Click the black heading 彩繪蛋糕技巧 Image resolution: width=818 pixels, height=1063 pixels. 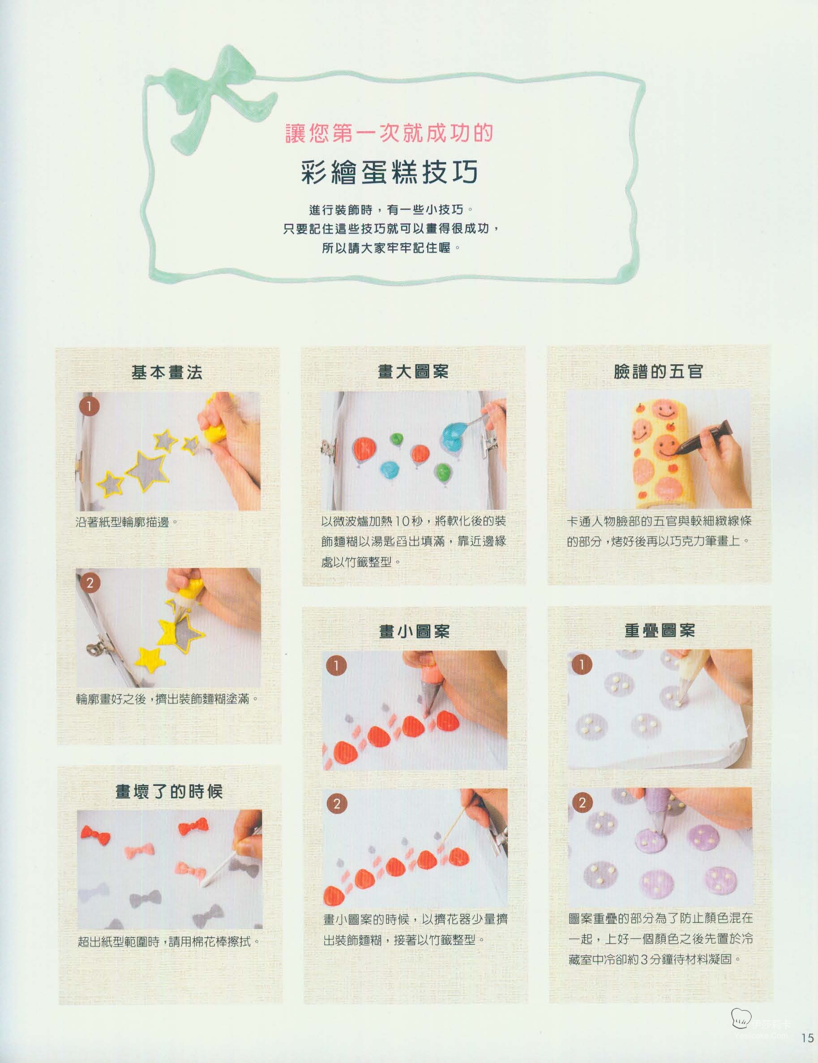pos(390,172)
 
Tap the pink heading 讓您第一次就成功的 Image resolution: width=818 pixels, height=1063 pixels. pos(389,133)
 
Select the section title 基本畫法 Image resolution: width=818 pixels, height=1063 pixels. pos(167,372)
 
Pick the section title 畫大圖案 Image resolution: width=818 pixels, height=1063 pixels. pos(413,371)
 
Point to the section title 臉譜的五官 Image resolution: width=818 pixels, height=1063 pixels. pos(658,371)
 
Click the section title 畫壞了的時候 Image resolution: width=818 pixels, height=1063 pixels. pos(169,791)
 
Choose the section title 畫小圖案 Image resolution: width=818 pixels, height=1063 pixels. pos(414,631)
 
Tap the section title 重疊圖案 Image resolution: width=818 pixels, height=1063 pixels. pos(660,630)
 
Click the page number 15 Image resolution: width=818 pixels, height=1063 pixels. pos(807,1051)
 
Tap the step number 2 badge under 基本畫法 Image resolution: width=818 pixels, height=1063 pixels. pos(90,583)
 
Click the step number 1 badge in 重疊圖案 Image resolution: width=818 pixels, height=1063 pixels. pos(581,664)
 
